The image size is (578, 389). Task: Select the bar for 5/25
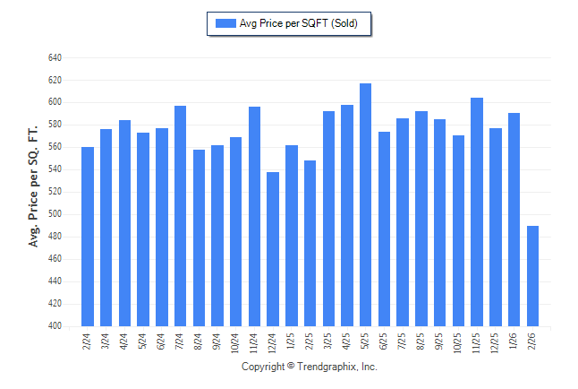tap(365, 205)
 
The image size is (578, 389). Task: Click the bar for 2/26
tap(532, 276)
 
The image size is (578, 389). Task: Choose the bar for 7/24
tap(180, 216)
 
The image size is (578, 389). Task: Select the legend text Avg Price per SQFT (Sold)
tap(299, 23)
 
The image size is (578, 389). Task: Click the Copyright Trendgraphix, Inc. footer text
tap(310, 367)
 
